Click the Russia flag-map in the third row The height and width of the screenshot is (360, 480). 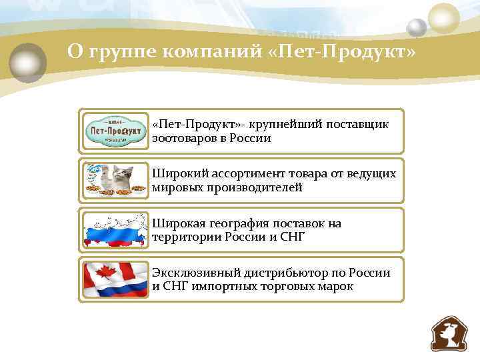coord(115,230)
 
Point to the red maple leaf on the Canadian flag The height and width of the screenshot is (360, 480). coord(106,272)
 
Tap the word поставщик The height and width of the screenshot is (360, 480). coord(357,125)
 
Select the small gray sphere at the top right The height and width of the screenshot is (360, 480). coord(417,28)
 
